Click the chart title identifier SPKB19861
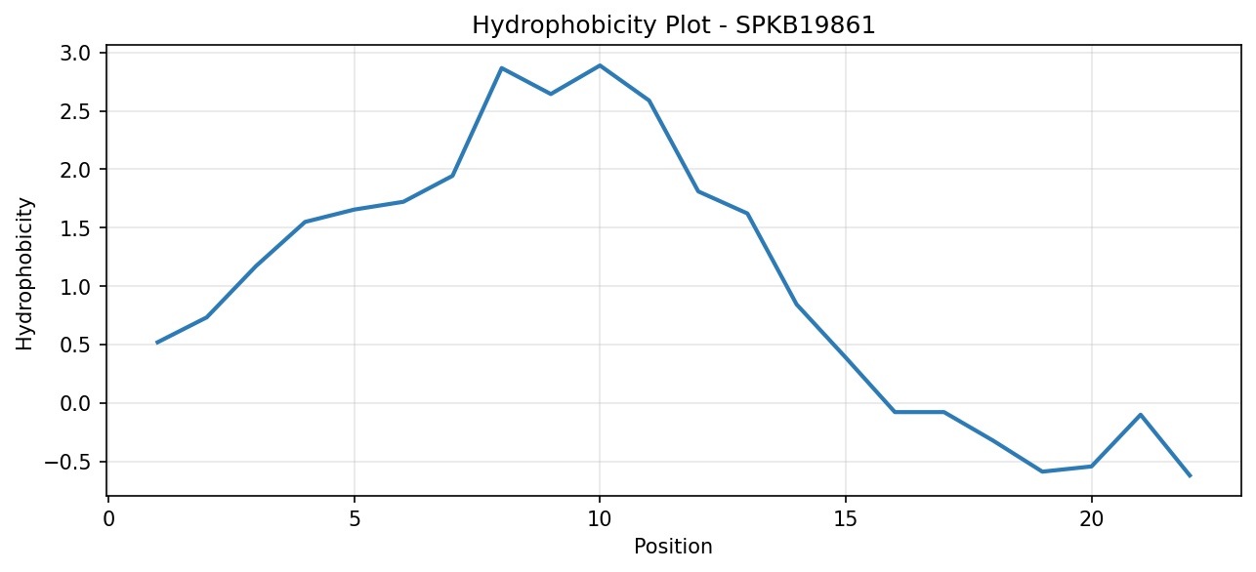tap(805, 25)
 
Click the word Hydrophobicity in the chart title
tap(563, 26)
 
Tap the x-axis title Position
tap(673, 547)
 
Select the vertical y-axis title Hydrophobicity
tap(24, 274)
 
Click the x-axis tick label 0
tap(108, 520)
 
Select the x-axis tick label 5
tap(354, 520)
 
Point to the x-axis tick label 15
tap(846, 520)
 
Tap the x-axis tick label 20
tap(1091, 520)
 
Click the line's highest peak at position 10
tap(600, 65)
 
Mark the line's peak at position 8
tap(501, 67)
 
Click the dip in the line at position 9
tap(551, 94)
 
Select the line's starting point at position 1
tap(157, 343)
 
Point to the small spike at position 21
tap(1140, 415)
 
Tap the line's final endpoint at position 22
tap(1190, 475)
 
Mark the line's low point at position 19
tap(1042, 471)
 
